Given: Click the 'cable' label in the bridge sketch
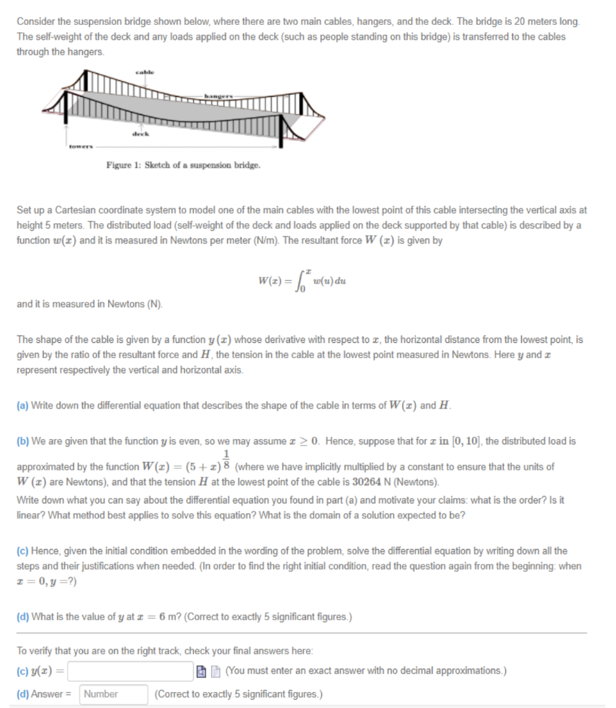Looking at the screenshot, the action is pos(145,71).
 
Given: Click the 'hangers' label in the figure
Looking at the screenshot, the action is pos(219,94).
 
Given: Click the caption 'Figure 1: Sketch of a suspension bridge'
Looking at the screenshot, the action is pos(183,166).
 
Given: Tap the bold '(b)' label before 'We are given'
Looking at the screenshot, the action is pos(23,441).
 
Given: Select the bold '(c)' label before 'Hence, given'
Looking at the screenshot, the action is pos(23,551).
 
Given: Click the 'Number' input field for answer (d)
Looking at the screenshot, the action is pos(114,694).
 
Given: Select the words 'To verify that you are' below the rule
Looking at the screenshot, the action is pos(68,651).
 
